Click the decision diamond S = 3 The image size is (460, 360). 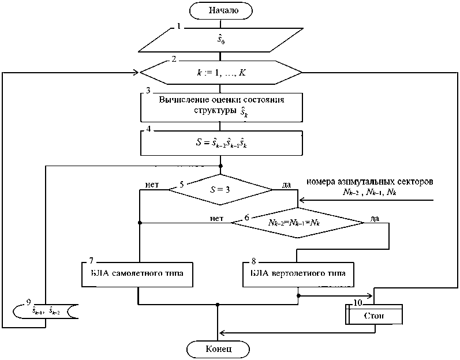click(220, 188)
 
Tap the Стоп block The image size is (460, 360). click(373, 316)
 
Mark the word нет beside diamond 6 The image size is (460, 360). click(217, 217)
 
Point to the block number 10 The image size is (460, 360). click(357, 302)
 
